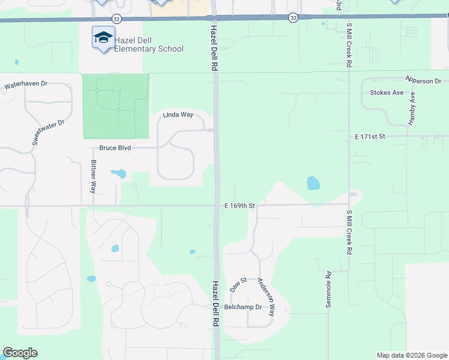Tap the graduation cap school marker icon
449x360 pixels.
click(103, 38)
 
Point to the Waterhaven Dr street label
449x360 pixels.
click(25, 85)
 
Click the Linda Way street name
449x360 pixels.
click(178, 115)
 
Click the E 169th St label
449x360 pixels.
click(240, 205)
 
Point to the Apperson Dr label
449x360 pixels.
click(423, 80)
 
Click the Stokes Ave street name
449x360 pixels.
click(387, 93)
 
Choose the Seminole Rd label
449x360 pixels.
click(329, 290)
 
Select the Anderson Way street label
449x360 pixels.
click(266, 297)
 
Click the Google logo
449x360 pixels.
click(20, 353)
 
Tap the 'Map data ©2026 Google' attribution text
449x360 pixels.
click(411, 355)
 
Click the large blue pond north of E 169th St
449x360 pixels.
click(313, 183)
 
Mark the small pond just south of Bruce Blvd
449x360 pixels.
click(118, 174)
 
